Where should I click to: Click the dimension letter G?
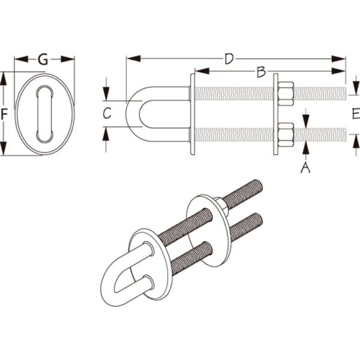[43, 59]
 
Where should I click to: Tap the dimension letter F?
[4, 114]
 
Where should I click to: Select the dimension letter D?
[229, 59]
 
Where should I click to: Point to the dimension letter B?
[261, 71]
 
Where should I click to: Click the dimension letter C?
[107, 113]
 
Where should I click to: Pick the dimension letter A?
[305, 167]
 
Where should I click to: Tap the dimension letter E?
[356, 113]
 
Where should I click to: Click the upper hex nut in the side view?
[286, 94]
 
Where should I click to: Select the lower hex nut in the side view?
[286, 135]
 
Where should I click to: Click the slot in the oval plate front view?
[45, 113]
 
